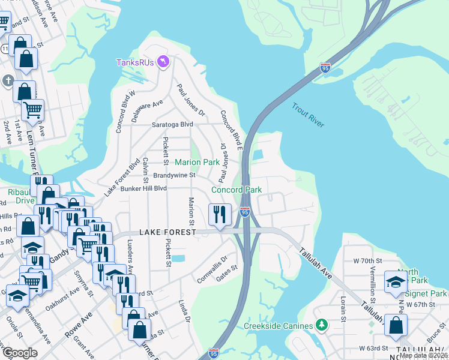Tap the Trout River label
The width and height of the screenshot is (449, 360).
(308, 115)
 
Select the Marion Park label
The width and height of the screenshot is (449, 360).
(197, 163)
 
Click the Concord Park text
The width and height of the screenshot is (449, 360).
(237, 190)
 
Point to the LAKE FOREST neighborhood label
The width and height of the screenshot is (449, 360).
(167, 232)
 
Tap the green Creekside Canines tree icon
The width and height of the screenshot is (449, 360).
(322, 325)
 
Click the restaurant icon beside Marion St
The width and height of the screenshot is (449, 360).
(219, 214)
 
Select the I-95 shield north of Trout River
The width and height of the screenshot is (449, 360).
(325, 68)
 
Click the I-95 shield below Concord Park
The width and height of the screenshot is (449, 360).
(244, 212)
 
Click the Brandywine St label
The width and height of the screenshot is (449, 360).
(175, 176)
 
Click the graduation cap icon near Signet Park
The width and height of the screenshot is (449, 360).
(396, 283)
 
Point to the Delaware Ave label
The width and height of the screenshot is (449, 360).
(148, 112)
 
